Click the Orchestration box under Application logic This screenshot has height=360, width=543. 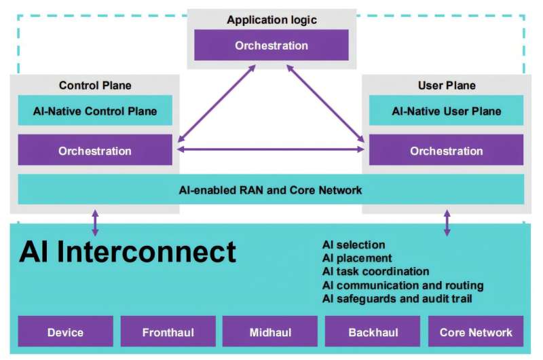point(271,46)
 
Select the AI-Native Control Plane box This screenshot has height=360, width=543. point(95,111)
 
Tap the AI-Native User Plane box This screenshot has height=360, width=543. point(446,111)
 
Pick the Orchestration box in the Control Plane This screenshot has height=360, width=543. point(95,150)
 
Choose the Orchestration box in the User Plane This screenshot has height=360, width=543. point(446,150)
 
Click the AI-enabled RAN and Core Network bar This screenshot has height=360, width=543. point(271,190)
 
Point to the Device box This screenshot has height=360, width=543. point(65,332)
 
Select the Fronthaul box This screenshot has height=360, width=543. point(168,332)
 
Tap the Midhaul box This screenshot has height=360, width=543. point(270,332)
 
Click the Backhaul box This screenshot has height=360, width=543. point(373,332)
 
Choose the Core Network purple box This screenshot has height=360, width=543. point(476,332)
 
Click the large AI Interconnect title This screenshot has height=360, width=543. point(128,252)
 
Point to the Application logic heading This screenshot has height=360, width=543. point(271,20)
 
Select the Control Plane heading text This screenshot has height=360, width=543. point(95,86)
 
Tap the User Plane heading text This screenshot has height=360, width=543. point(446,86)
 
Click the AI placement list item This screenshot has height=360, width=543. point(357,258)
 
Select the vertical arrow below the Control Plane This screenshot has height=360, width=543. point(95,223)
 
